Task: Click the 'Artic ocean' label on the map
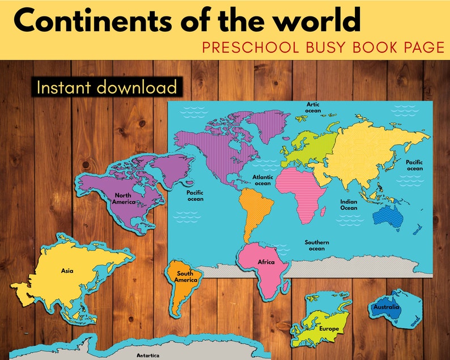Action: tap(313, 107)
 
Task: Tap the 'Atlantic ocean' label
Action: tap(262, 180)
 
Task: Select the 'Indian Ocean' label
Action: tap(349, 205)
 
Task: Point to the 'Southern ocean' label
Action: tap(317, 245)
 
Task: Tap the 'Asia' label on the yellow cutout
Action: tap(67, 270)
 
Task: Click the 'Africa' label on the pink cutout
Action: tap(266, 262)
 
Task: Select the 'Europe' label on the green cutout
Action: tap(329, 329)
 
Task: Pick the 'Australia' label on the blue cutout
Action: tap(386, 307)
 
